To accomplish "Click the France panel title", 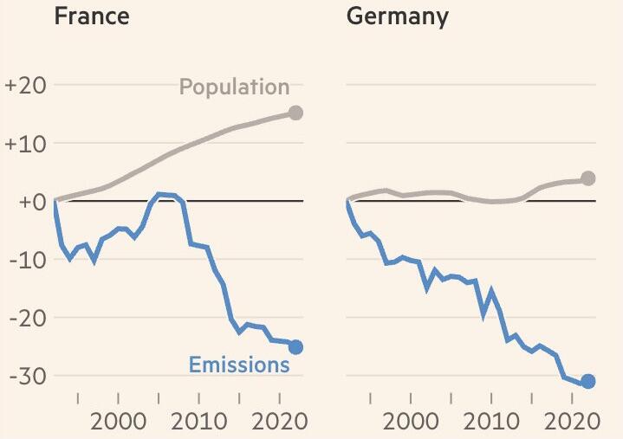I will coord(92,16).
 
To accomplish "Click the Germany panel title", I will coord(398,17).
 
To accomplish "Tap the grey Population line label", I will coord(234,87).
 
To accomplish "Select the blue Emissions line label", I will coord(239,365).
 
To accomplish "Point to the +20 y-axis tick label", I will coord(24,86).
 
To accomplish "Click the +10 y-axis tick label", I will coord(24,144).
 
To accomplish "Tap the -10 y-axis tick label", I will coord(26,260).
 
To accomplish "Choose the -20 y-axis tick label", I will coord(26,318).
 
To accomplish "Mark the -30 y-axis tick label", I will coord(26,376).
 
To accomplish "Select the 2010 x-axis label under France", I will coord(198,423).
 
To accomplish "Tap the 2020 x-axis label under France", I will coord(279,423).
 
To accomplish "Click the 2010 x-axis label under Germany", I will coord(490,423).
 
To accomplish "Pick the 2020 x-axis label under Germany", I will coord(571,423).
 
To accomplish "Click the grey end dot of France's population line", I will coord(295,113).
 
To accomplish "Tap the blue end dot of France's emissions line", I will coord(295,347).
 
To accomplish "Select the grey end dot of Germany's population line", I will coord(588,178).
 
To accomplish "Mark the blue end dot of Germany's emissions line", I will coord(588,382).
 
